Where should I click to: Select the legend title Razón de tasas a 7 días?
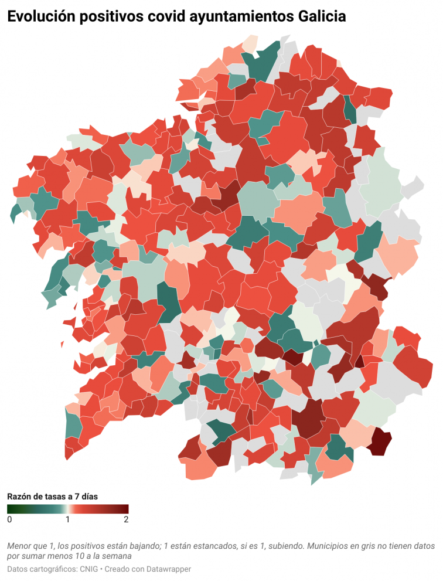click(x=52, y=496)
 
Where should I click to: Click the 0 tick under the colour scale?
click(x=9, y=519)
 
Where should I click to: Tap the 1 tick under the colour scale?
click(x=68, y=519)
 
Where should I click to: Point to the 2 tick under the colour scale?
click(x=126, y=519)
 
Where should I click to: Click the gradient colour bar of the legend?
click(x=68, y=509)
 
